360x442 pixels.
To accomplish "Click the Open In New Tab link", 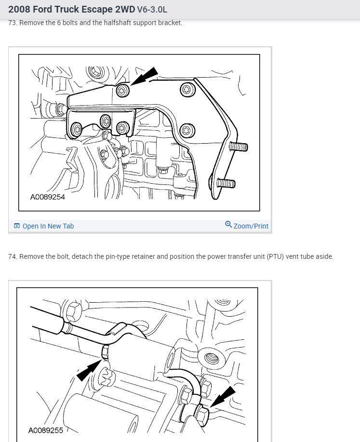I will point(48,226).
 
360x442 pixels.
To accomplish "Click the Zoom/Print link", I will point(251,226).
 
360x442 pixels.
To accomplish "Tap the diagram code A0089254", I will point(47,197).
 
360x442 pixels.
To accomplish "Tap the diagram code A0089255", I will point(45,430).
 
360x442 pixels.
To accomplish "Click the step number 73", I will point(13,23).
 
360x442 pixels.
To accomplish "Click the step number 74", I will point(13,256).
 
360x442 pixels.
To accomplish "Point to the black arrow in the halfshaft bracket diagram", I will point(145,76).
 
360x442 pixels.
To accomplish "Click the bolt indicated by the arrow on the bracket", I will point(123,90).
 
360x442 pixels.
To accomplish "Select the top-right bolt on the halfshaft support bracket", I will point(187,89).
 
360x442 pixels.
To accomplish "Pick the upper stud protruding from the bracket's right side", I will point(239,146).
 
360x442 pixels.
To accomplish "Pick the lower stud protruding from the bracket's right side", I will point(226,183).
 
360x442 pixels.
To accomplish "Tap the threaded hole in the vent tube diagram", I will point(211,358).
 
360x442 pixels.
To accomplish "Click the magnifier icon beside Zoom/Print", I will point(228,225).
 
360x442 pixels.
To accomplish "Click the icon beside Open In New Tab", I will point(17,226).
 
